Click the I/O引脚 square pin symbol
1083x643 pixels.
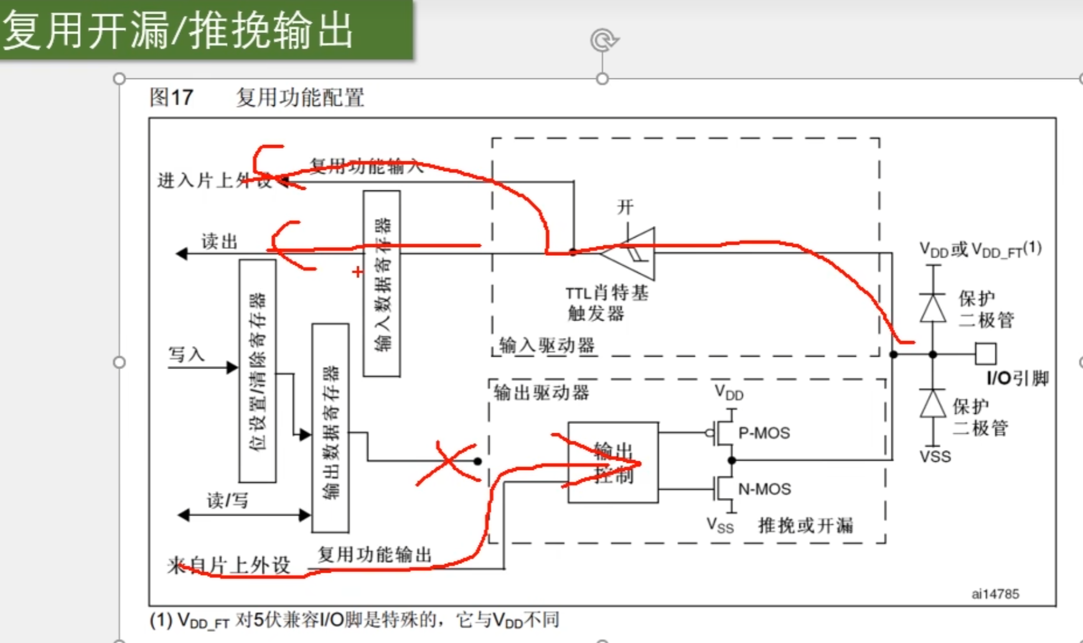coord(985,354)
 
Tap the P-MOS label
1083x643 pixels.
coord(764,433)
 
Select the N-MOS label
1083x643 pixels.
coord(764,489)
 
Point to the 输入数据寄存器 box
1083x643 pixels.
coord(382,283)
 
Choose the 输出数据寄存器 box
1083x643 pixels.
coord(330,428)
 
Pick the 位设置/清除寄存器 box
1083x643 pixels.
coord(258,371)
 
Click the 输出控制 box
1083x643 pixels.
coord(613,462)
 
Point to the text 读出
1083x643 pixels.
coord(219,242)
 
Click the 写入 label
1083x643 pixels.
coord(187,355)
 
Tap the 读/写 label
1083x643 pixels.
coord(227,500)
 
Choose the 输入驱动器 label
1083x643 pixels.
coord(546,345)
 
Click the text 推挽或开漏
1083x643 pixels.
coord(805,525)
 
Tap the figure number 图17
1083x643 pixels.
coord(171,98)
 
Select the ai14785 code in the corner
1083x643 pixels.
coord(995,594)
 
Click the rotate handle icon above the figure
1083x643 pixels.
coord(603,40)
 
